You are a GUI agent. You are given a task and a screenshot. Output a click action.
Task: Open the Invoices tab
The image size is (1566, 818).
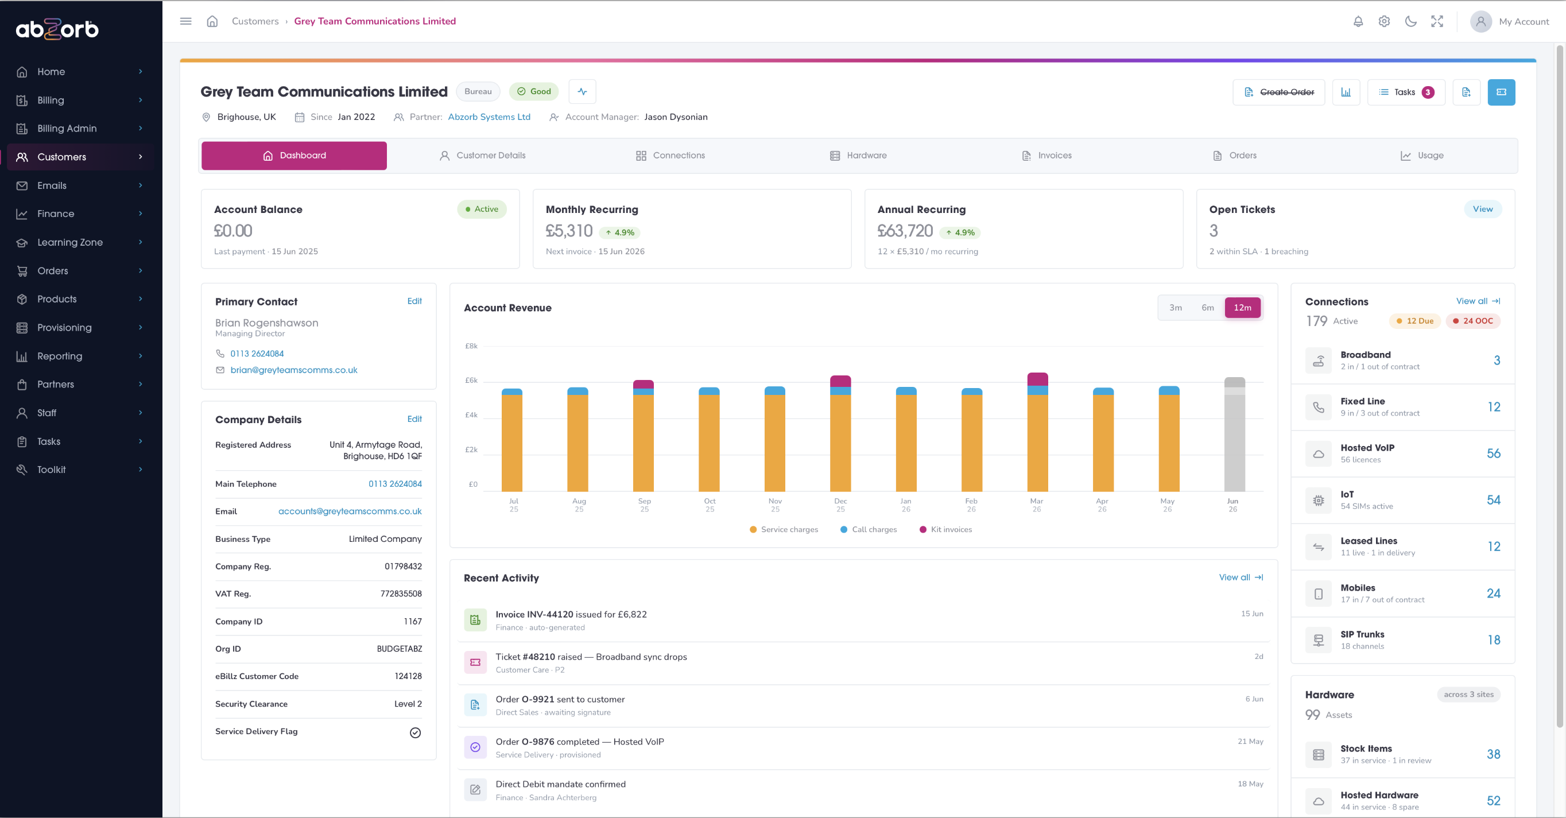click(x=1046, y=156)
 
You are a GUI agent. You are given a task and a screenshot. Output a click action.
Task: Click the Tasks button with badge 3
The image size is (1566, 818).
click(x=1405, y=92)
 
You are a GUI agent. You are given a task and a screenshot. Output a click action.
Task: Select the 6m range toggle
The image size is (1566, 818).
click(x=1207, y=308)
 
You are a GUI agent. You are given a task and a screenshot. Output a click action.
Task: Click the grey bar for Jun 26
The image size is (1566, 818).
click(x=1234, y=434)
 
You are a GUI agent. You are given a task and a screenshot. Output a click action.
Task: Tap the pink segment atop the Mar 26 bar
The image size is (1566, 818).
click(x=1037, y=379)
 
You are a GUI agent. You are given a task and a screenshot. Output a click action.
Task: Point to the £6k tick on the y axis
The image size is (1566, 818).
click(x=471, y=381)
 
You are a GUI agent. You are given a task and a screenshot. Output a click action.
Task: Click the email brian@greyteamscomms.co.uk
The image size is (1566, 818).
click(x=294, y=370)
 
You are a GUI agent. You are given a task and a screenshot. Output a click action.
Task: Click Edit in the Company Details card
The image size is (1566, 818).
click(x=414, y=418)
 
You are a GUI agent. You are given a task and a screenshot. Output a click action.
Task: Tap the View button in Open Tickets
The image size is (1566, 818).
click(x=1482, y=209)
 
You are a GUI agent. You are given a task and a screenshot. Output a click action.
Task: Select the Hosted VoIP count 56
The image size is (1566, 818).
click(x=1493, y=453)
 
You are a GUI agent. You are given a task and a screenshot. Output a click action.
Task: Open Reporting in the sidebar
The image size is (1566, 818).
click(x=60, y=356)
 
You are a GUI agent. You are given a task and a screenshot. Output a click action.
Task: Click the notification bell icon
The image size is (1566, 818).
click(x=1358, y=21)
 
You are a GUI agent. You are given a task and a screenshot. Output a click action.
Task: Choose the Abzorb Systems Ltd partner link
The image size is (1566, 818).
click(x=489, y=117)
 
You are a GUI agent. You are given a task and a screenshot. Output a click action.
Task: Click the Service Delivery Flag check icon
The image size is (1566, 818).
click(x=415, y=732)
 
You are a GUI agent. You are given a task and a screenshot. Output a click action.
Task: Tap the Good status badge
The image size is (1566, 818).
click(x=534, y=92)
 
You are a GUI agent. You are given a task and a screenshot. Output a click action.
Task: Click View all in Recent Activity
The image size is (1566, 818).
click(x=1240, y=577)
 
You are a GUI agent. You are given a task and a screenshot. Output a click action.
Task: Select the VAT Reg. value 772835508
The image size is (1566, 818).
click(x=401, y=594)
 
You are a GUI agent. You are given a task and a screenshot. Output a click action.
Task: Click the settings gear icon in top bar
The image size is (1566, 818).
click(x=1383, y=21)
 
